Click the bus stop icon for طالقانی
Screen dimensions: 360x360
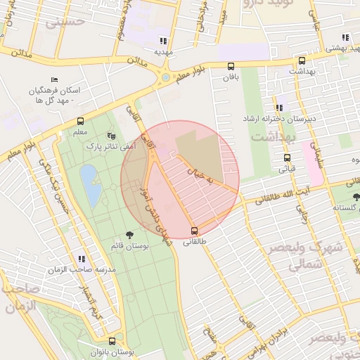click(x=195, y=231)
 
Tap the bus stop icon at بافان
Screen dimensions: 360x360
click(x=231, y=66)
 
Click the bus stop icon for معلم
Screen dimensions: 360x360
click(x=80, y=121)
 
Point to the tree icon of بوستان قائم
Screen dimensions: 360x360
click(x=129, y=234)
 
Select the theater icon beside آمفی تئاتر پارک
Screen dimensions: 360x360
click(x=110, y=135)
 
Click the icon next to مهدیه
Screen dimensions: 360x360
click(x=164, y=40)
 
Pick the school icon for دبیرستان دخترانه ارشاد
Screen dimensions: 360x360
click(x=279, y=108)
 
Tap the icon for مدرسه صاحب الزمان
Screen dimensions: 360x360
click(x=82, y=259)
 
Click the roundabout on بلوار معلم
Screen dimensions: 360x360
click(x=166, y=77)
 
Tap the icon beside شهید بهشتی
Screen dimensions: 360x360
click(x=345, y=37)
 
